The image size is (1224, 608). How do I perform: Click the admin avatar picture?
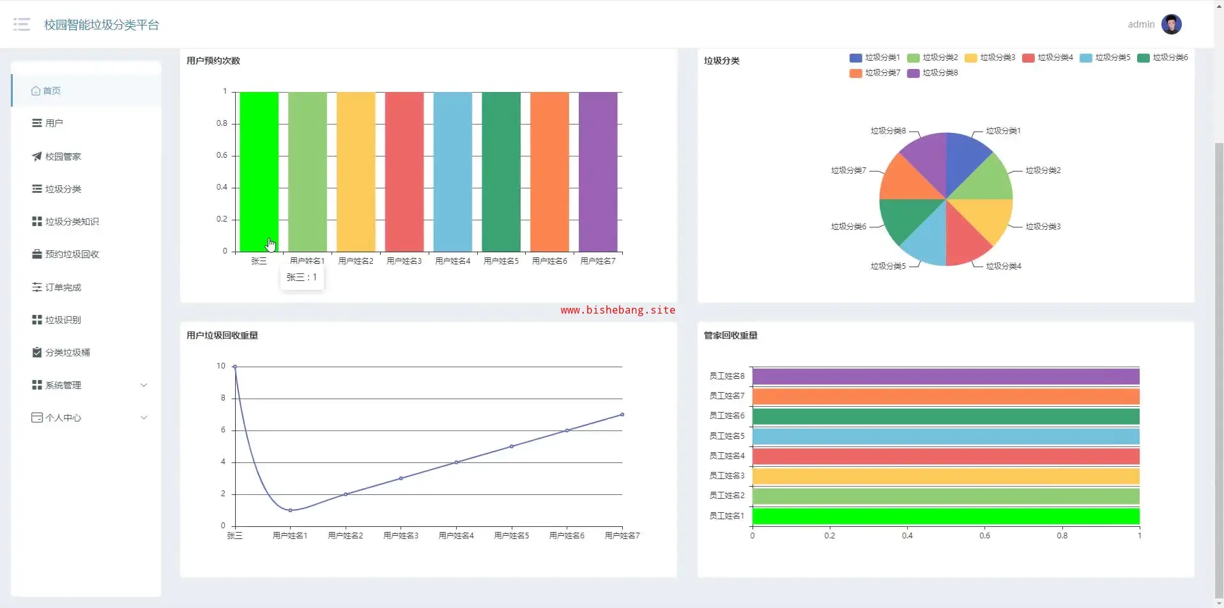tap(1171, 24)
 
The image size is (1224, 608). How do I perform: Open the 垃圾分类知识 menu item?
tap(72, 222)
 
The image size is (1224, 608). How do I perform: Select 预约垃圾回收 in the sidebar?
tap(72, 254)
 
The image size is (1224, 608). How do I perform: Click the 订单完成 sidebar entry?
tap(63, 287)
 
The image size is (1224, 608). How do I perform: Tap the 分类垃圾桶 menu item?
tap(67, 353)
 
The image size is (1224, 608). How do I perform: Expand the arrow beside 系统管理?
tap(144, 385)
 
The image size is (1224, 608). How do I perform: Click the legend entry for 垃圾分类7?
tap(875, 73)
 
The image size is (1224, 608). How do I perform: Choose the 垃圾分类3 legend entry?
tap(990, 57)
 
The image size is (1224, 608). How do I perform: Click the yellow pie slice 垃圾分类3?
tap(984, 218)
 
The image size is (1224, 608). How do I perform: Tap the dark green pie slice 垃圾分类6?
tap(905, 218)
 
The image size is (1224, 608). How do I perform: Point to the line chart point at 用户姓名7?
tap(622, 414)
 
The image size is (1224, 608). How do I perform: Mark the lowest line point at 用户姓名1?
tap(290, 510)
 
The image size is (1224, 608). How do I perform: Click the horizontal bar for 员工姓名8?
tap(945, 376)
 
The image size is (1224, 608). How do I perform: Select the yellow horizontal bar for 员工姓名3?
tap(945, 476)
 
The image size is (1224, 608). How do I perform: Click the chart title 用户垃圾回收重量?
tap(222, 335)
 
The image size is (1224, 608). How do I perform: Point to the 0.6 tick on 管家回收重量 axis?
tap(984, 536)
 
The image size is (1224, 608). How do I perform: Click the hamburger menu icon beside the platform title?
tap(22, 24)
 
